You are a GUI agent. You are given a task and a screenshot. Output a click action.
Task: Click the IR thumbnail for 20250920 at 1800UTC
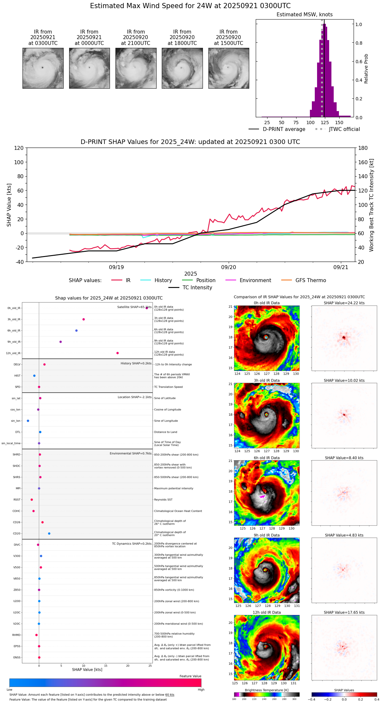[182, 68]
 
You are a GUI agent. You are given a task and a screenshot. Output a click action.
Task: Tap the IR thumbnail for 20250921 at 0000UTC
[89, 68]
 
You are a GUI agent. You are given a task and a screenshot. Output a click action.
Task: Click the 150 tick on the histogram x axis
[339, 123]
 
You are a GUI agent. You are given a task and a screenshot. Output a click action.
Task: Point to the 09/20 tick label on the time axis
[229, 267]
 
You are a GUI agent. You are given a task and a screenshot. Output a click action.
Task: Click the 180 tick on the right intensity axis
[363, 148]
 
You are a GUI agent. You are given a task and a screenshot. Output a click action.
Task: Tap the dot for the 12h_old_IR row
[117, 353]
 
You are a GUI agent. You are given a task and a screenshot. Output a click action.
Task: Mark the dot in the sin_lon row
[28, 421]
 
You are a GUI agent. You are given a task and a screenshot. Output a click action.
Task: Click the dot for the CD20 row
[49, 534]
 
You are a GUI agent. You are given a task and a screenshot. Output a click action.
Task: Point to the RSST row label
[17, 500]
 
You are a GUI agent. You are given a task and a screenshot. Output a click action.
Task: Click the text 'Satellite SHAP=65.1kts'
[134, 307]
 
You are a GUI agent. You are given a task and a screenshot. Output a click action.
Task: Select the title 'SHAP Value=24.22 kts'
[344, 303]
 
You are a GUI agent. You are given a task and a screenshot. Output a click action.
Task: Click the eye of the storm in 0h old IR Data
[266, 337]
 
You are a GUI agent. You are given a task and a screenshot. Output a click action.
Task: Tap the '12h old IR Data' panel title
[267, 612]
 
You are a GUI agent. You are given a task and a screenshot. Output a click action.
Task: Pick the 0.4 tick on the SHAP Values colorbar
[376, 699]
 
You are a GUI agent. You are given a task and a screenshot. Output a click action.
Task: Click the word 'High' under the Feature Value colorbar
[201, 690]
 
